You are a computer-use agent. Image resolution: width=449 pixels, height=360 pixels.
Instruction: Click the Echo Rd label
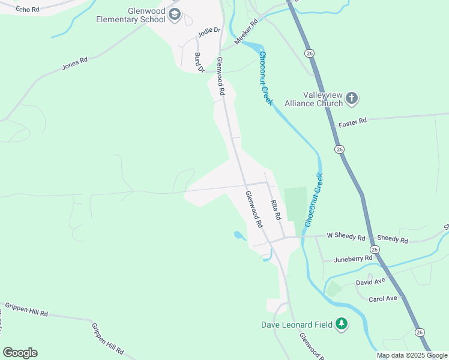tap(27, 10)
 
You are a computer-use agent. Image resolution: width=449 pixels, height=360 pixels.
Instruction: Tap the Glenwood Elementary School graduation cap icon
tap(175, 15)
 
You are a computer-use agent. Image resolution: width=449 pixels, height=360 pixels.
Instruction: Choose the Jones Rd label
tap(74, 63)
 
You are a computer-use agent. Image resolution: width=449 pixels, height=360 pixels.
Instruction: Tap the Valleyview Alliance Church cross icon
tap(352, 98)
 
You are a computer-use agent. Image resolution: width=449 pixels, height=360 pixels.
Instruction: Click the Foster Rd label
tap(352, 122)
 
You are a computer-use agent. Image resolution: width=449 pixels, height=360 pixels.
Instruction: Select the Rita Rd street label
tap(276, 210)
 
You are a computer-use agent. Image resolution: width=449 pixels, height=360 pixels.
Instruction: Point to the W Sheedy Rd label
tap(346, 238)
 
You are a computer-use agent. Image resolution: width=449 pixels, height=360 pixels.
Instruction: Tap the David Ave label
tap(370, 281)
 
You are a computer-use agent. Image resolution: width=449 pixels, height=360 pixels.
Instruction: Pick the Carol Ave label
tap(382, 298)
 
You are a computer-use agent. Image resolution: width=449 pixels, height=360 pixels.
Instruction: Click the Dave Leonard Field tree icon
tap(342, 325)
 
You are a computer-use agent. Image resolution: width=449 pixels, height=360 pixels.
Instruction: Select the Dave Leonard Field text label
tap(297, 325)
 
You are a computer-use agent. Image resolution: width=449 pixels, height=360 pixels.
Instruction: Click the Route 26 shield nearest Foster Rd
tap(340, 149)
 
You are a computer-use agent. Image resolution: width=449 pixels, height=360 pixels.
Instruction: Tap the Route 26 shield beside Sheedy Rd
tap(375, 249)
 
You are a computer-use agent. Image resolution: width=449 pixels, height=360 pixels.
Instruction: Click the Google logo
tap(20, 353)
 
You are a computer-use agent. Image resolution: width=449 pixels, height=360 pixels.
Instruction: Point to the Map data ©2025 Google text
tap(412, 355)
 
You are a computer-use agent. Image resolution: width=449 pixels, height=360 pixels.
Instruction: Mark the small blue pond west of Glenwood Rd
tap(239, 236)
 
